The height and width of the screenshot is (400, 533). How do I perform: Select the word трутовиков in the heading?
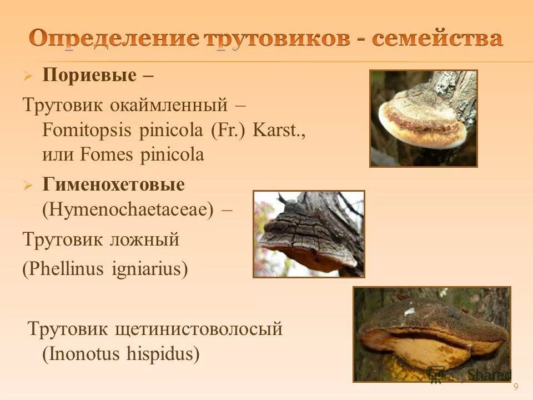pyautogui.click(x=278, y=39)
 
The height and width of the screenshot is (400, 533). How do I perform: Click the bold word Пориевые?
pyautogui.click(x=89, y=76)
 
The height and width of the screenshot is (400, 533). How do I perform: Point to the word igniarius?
pyautogui.click(x=147, y=269)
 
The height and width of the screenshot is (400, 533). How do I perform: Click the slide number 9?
pyautogui.click(x=516, y=387)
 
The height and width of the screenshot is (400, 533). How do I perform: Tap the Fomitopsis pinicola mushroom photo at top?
pyautogui.click(x=423, y=118)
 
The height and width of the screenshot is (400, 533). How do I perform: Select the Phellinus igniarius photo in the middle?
pyautogui.click(x=309, y=234)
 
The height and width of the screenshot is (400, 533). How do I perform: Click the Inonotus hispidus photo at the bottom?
pyautogui.click(x=432, y=334)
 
